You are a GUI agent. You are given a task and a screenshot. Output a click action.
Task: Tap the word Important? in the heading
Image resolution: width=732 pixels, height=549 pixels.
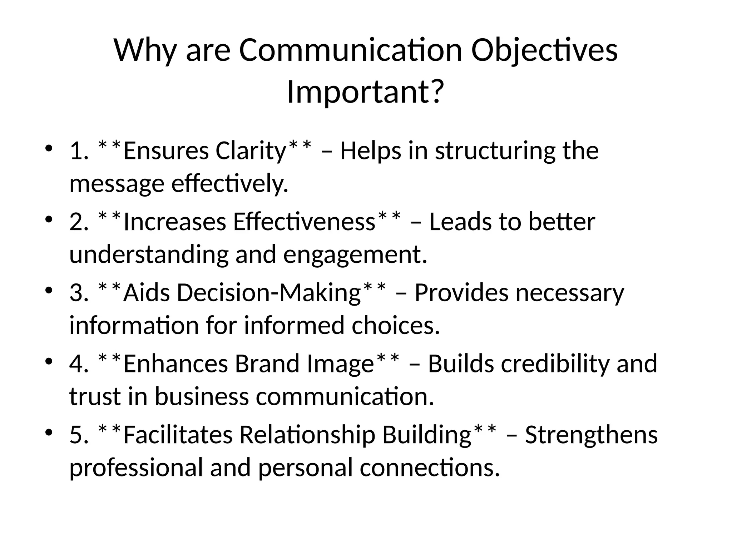(x=365, y=92)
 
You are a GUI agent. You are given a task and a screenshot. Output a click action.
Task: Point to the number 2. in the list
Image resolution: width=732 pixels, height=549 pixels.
(x=79, y=222)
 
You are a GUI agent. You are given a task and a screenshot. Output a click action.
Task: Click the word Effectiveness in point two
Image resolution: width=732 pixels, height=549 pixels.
(x=304, y=222)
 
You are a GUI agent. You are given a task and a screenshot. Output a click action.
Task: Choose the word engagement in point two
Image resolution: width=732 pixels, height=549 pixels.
(x=355, y=255)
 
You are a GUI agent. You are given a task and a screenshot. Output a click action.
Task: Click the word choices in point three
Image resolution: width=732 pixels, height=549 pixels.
(x=396, y=326)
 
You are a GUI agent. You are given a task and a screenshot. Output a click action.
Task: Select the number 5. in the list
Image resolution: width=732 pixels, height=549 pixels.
(x=79, y=435)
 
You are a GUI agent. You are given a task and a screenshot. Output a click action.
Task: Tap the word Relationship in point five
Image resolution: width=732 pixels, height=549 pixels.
(x=307, y=435)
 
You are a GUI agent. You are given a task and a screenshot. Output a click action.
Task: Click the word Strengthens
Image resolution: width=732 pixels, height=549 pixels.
(x=591, y=435)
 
